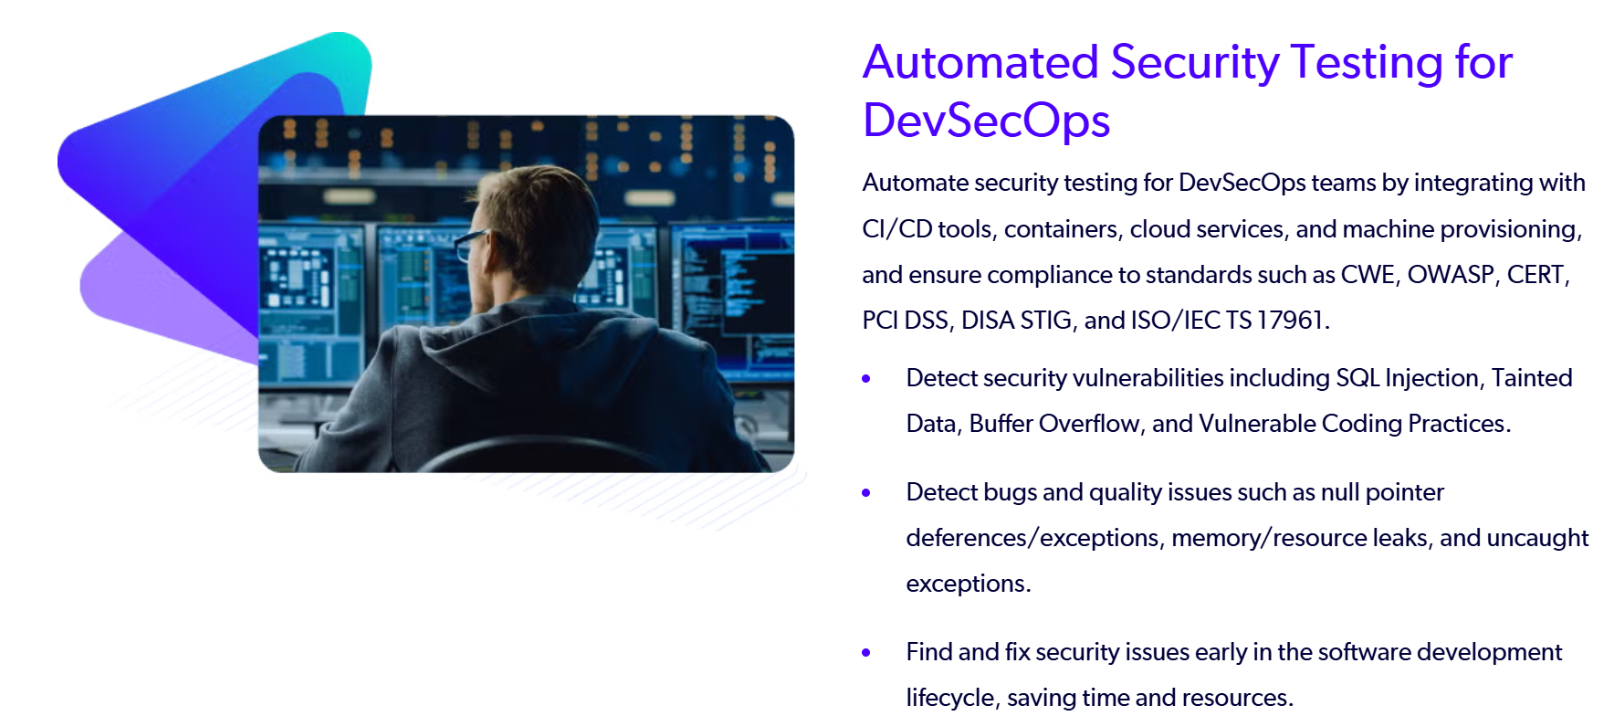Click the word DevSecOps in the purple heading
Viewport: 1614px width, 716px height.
(986, 121)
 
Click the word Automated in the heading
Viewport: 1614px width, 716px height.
(980, 62)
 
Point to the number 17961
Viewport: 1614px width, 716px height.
(1289, 321)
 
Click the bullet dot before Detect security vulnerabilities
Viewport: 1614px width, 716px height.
(866, 378)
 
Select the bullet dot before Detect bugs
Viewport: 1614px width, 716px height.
(866, 492)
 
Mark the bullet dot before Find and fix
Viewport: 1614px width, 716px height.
(866, 652)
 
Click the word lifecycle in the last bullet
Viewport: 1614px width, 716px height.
(950, 698)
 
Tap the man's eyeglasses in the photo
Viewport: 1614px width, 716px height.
(472, 244)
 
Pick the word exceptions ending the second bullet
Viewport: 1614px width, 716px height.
(968, 584)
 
